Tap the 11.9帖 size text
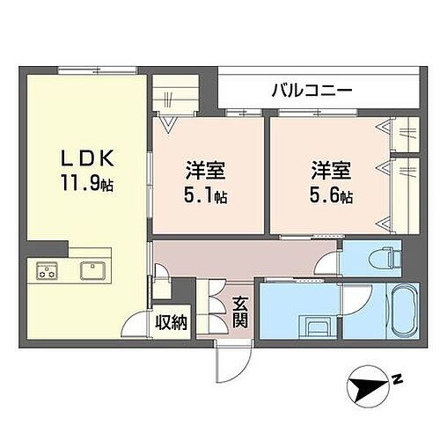click(86, 186)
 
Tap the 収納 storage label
click(173, 322)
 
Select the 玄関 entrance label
click(239, 313)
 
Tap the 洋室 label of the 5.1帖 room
click(203, 169)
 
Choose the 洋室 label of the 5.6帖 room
click(327, 169)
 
